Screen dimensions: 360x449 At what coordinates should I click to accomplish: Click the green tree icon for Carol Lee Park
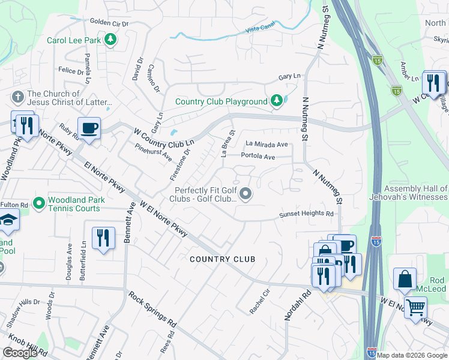pyautogui.click(x=110, y=40)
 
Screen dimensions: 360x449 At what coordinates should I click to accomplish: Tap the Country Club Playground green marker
pyautogui.click(x=276, y=101)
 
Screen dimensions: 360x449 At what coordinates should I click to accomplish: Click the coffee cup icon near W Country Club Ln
pyautogui.click(x=89, y=128)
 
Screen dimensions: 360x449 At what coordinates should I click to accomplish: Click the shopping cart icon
pyautogui.click(x=415, y=308)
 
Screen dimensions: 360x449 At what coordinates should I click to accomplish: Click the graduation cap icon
pyautogui.click(x=8, y=222)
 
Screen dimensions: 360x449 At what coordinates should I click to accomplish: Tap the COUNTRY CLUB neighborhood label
pyautogui.click(x=222, y=259)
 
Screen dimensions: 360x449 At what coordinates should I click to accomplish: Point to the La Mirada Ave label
pyautogui.click(x=267, y=144)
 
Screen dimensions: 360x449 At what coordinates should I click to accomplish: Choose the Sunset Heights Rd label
pyautogui.click(x=306, y=214)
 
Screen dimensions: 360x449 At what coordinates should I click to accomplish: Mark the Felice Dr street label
pyautogui.click(x=71, y=71)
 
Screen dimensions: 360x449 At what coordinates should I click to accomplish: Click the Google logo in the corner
pyautogui.click(x=20, y=353)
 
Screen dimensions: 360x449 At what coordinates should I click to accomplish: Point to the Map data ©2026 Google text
pyautogui.click(x=412, y=355)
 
